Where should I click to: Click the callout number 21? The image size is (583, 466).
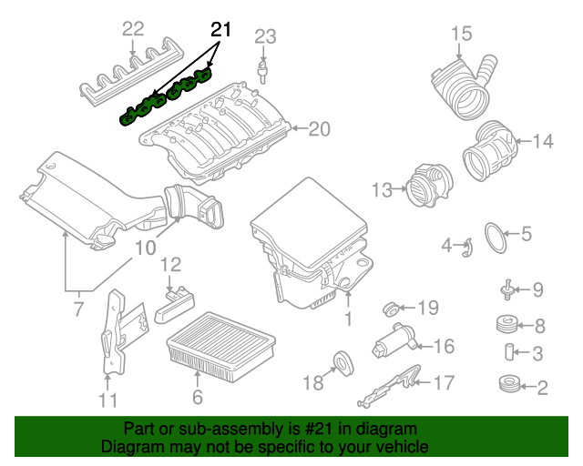click(x=219, y=29)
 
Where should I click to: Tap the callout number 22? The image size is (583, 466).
click(x=133, y=29)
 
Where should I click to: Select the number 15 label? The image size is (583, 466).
click(x=461, y=35)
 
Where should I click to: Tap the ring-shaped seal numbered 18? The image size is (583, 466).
click(x=345, y=362)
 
